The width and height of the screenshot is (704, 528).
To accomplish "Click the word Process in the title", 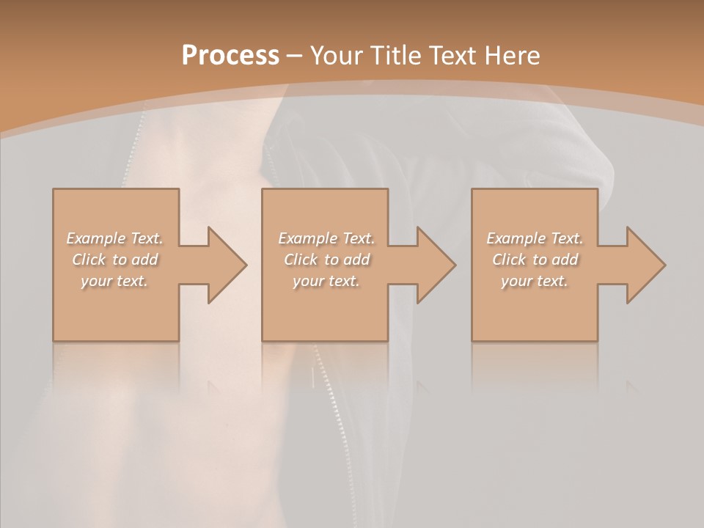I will tap(230, 56).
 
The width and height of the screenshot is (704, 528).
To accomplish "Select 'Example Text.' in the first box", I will tap(114, 238).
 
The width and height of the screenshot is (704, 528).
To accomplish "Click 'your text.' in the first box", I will tap(114, 281).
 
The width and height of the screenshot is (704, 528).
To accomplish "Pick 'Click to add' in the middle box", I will tap(326, 260).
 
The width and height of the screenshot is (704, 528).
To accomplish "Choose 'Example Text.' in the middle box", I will tap(326, 238).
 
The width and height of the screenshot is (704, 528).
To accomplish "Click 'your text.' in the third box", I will tap(535, 281).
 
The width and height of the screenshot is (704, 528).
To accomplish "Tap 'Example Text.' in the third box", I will tap(535, 238).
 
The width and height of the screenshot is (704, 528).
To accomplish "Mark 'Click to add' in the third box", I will tap(535, 260).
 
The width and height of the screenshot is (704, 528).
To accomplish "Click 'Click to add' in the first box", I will tap(114, 260).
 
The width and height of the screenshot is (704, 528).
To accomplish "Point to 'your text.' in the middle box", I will tap(326, 281).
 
